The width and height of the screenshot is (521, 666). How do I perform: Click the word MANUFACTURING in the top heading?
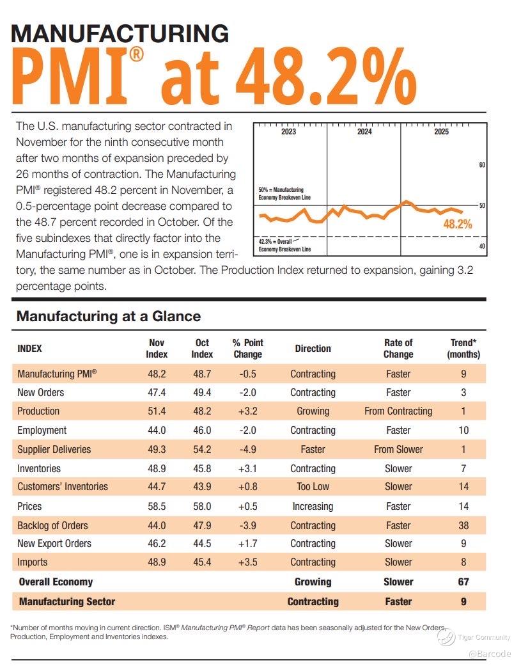point(120,33)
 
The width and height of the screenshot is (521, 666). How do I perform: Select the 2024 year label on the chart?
point(364,132)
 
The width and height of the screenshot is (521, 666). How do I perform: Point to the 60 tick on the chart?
point(482,165)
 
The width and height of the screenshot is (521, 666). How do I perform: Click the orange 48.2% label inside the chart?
point(457,224)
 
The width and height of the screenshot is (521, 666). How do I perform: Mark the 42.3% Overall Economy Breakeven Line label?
point(284,245)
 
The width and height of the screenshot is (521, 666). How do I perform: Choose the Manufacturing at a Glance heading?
point(109,316)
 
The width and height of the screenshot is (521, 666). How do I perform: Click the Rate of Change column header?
point(398,348)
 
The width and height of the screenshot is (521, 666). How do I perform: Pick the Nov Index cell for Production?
point(157,411)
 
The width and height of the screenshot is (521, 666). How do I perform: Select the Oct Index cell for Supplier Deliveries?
point(202,449)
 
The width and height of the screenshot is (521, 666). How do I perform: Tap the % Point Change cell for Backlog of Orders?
point(247,525)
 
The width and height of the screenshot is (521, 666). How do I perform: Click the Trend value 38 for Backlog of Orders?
point(463,525)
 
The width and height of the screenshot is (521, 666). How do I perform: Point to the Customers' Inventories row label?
point(63,486)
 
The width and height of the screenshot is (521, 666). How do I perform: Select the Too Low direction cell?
point(313,486)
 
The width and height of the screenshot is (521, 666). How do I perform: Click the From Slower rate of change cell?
point(398,449)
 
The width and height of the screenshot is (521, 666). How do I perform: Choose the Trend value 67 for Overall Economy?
point(463,582)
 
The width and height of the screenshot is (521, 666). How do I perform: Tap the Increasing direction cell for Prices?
point(313,506)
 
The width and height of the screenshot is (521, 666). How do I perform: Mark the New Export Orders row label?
point(54,543)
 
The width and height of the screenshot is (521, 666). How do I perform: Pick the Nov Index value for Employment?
point(157,430)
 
